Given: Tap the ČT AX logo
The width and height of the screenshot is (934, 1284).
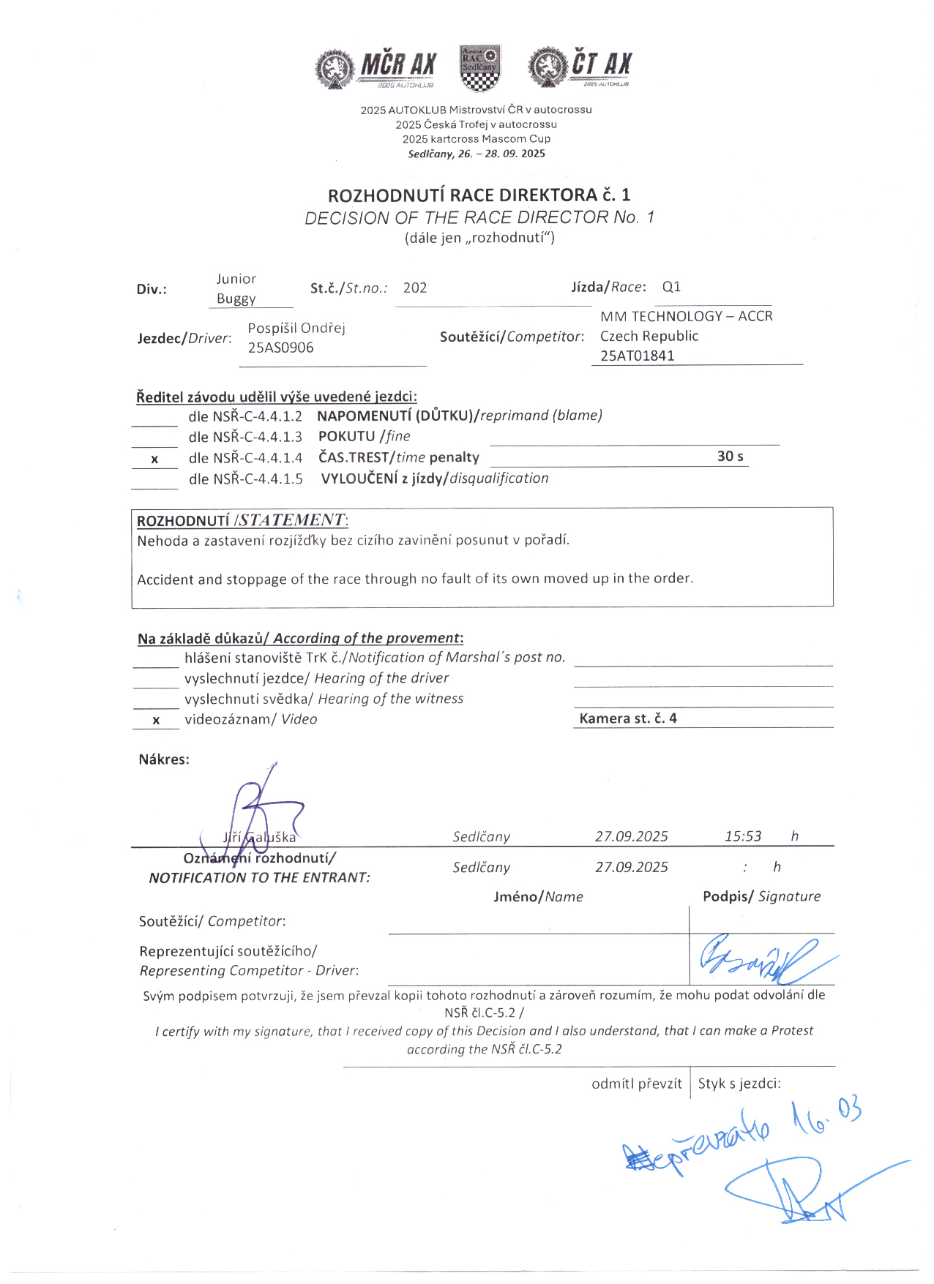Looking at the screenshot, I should pos(580,67).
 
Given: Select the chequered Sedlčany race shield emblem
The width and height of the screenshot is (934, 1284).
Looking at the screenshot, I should pos(479,67).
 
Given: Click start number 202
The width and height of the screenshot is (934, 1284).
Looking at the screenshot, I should pos(415,288).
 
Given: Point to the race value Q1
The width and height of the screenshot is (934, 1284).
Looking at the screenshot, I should pos(671,287).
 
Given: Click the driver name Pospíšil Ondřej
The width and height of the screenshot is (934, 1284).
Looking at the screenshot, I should pos(296,328).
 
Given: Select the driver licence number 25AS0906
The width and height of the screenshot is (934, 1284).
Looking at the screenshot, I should pos(280,348).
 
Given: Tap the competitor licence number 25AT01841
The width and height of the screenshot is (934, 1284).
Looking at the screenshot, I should pos(638,356).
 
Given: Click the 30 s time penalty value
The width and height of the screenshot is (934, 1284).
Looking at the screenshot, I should pos(730,457).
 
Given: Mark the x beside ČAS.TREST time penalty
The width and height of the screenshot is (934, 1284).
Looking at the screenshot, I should pos(154,459).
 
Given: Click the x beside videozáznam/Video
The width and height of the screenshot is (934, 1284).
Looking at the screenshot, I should pos(156,721).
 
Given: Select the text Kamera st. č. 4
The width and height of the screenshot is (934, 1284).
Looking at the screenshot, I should pos(628,718).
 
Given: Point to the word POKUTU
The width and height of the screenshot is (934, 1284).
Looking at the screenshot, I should pos(346,436).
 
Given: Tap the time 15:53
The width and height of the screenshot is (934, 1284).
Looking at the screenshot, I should pos(743,836).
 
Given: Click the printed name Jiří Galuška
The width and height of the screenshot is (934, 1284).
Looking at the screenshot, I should pos(260,837).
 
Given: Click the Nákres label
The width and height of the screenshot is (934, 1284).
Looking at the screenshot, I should pos(164,759).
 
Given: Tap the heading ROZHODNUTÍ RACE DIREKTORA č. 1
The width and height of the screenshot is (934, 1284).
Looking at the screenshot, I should pos(479,195).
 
